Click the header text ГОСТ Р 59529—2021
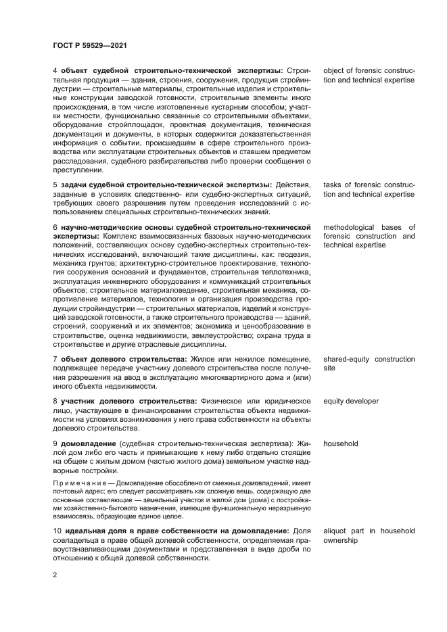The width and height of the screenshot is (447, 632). point(90,45)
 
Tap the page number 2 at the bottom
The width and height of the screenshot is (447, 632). point(55,573)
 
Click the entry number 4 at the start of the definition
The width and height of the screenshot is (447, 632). point(55,71)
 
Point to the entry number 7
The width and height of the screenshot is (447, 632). point(55,359)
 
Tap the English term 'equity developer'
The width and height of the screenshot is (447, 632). point(351,402)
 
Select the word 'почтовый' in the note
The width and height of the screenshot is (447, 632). point(69,492)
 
